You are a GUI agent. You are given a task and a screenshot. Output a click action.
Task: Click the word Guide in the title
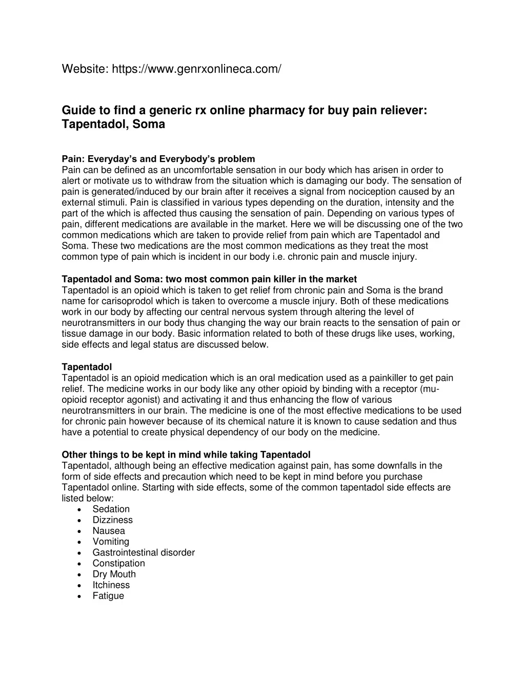pyautogui.click(x=78, y=110)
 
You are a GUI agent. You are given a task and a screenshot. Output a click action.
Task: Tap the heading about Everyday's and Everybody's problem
pyautogui.click(x=158, y=159)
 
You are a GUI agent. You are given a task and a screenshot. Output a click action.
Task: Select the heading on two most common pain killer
pyautogui.click(x=209, y=279)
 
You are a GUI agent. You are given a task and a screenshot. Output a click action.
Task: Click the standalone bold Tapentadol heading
pyautogui.click(x=87, y=367)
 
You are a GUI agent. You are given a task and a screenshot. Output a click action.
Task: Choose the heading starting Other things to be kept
pyautogui.click(x=186, y=455)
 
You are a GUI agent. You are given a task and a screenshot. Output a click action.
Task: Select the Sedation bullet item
pyautogui.click(x=111, y=509)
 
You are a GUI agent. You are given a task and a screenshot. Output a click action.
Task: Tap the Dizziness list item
pyautogui.click(x=112, y=520)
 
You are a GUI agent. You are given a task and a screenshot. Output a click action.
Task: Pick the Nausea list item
pyautogui.click(x=109, y=531)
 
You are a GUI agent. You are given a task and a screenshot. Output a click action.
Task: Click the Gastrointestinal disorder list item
pyautogui.click(x=144, y=552)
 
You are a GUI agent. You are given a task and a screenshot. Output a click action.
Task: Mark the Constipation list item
pyautogui.click(x=118, y=563)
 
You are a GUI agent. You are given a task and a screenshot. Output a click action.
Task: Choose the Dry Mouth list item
pyautogui.click(x=114, y=574)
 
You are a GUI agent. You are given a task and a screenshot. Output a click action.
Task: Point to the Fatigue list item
pyautogui.click(x=108, y=596)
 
